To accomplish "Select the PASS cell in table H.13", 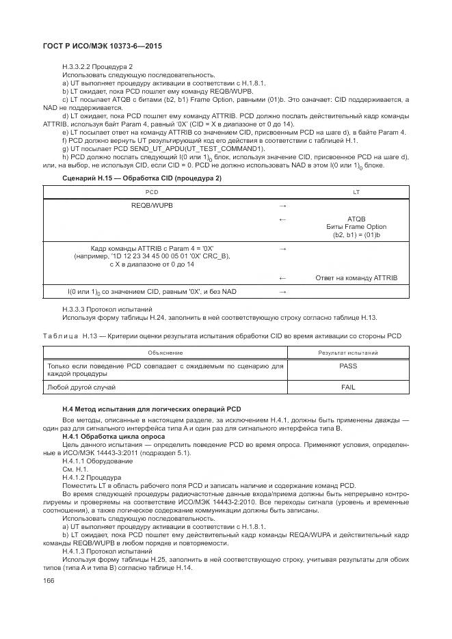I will pyautogui.click(x=348, y=366).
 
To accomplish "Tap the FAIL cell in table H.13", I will pyautogui.click(x=348, y=387).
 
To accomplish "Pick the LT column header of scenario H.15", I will pyautogui.click(x=356, y=193).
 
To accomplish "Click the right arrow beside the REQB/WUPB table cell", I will pyautogui.click(x=283, y=205).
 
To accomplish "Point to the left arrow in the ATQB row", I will pyautogui.click(x=283, y=219).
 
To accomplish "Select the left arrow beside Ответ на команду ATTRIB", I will pyautogui.click(x=283, y=277).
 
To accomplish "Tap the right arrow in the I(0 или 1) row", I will pyautogui.click(x=283, y=292).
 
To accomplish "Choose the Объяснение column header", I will pyautogui.click(x=165, y=352).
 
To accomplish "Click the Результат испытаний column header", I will pyautogui.click(x=348, y=352).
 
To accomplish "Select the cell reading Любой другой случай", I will pyautogui.click(x=81, y=387).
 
